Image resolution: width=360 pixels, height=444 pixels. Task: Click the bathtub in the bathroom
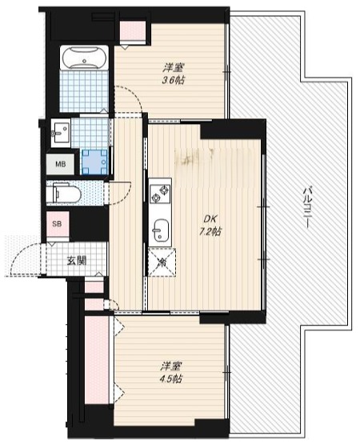tap(84, 58)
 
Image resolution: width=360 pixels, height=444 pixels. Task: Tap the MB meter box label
tap(60, 164)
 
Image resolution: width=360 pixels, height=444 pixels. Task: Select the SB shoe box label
tap(57, 224)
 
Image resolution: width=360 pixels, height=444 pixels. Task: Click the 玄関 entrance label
tap(77, 261)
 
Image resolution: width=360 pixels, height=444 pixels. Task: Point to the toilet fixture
tap(64, 193)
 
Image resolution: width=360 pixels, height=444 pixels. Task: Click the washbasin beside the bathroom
tap(61, 133)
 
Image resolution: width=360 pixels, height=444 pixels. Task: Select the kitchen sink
tap(161, 230)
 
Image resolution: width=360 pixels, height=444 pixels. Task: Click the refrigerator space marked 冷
tap(162, 262)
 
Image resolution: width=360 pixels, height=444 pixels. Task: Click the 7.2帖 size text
tap(210, 232)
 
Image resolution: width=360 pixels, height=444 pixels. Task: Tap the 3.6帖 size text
tap(173, 81)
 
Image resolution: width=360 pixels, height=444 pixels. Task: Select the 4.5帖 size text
tap(170, 378)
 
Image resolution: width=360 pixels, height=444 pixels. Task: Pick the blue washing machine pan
tap(95, 162)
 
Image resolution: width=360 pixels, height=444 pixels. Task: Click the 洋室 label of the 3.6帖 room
tap(173, 68)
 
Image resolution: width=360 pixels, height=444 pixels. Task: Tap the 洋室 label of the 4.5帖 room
tap(170, 366)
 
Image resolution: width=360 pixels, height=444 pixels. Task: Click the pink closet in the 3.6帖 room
tap(133, 31)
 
